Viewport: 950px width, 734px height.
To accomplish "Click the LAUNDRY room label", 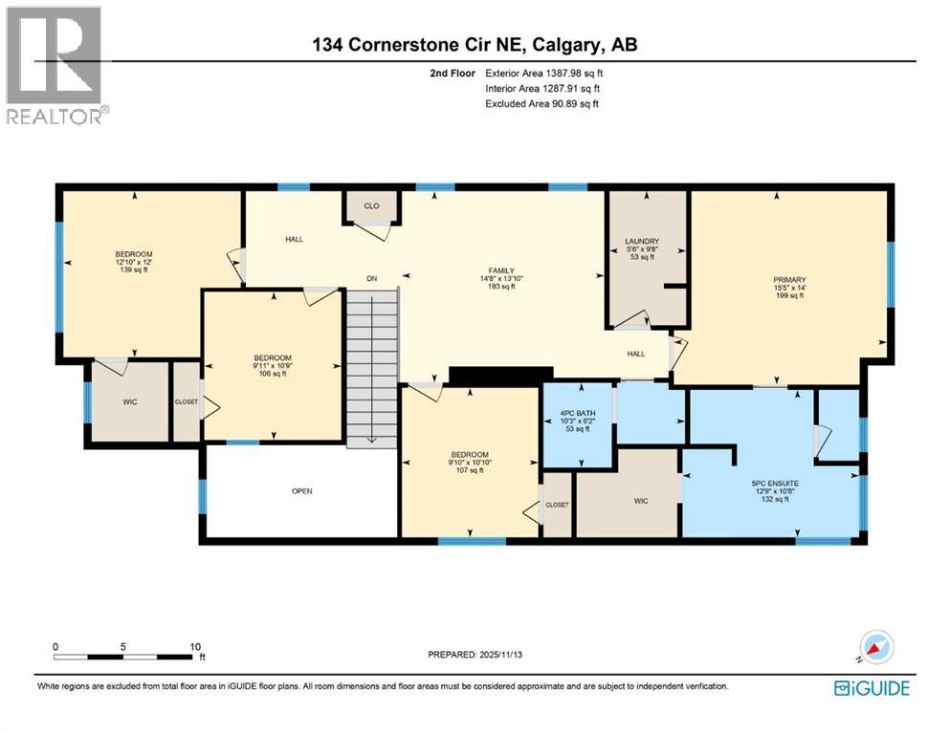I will pos(643,241).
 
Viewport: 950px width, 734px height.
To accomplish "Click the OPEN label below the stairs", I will pos(302,491).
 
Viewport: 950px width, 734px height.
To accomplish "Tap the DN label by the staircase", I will pos(373,278).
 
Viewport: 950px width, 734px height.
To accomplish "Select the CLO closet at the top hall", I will pos(371,205).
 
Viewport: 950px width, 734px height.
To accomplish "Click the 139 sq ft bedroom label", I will pos(132,255).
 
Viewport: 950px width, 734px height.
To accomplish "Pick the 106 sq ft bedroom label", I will pos(272,358).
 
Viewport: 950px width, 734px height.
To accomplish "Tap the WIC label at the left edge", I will pos(130,401).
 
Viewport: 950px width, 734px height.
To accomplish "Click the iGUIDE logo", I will pos(871,687).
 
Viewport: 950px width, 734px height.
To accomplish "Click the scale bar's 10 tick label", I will pos(195,646).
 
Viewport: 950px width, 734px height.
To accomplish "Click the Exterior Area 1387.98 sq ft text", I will pos(544,73).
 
